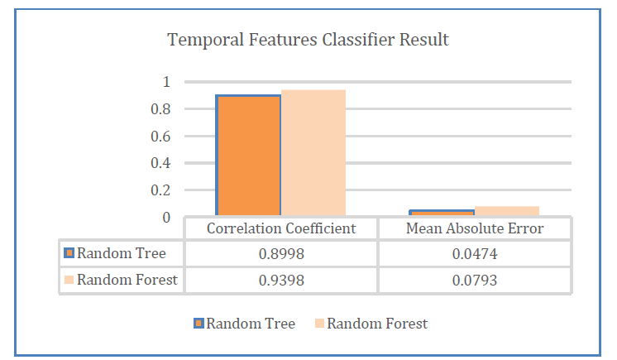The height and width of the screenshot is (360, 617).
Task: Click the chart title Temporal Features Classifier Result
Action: [x=308, y=40]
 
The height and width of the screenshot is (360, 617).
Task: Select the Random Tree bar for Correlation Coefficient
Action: [x=248, y=156]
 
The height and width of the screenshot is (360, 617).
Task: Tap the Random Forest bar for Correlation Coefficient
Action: [x=313, y=153]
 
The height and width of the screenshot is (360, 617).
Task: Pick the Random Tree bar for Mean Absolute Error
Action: [x=442, y=213]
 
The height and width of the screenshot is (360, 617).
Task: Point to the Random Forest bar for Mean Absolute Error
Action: [x=507, y=211]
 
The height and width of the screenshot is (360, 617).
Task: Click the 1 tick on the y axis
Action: [x=166, y=82]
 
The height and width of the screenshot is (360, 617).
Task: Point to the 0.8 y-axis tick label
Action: [x=160, y=109]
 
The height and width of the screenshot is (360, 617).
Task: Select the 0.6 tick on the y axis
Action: [x=160, y=137]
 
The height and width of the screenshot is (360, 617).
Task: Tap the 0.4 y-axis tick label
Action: [x=160, y=163]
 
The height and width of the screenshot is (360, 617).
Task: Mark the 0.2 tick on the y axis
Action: [x=160, y=190]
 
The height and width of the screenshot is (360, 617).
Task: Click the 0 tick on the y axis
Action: [x=166, y=218]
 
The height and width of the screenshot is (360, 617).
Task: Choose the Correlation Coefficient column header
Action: [x=281, y=228]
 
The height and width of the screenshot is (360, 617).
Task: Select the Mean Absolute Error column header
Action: [x=475, y=228]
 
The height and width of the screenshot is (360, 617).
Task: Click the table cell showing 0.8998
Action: [x=281, y=254]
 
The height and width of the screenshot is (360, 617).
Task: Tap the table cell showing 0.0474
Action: [x=475, y=254]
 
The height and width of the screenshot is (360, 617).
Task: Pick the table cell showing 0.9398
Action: [x=281, y=281]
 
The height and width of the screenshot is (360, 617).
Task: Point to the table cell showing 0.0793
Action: [x=475, y=281]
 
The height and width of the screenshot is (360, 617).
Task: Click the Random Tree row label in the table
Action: [x=122, y=253]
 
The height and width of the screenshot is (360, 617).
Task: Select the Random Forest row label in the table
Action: [x=127, y=280]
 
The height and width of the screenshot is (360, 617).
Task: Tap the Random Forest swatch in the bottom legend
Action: [x=319, y=324]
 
